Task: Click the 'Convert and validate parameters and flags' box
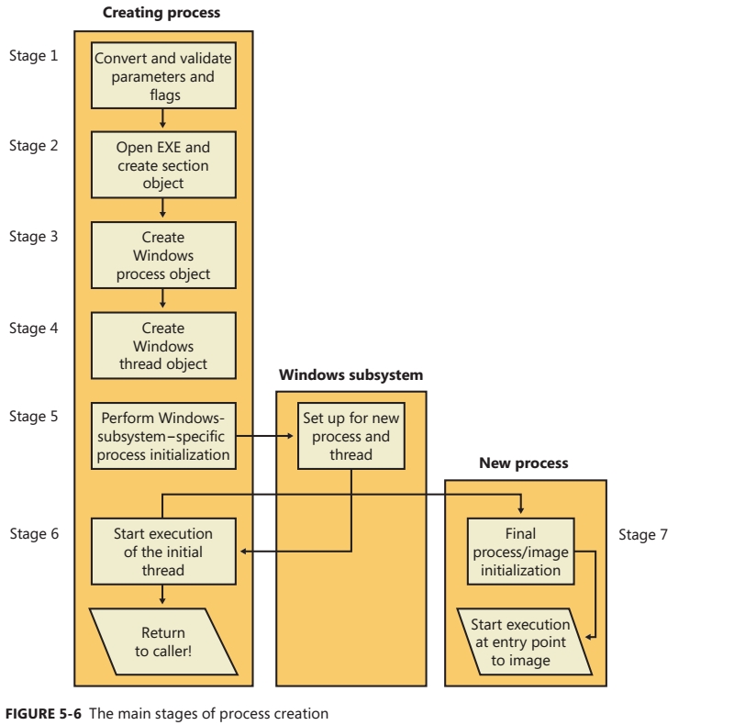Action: pos(162,76)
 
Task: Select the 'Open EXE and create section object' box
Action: pos(162,161)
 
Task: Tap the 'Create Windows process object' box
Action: pos(162,250)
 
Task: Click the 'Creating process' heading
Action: pos(161,15)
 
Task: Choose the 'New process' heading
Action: pos(524,464)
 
